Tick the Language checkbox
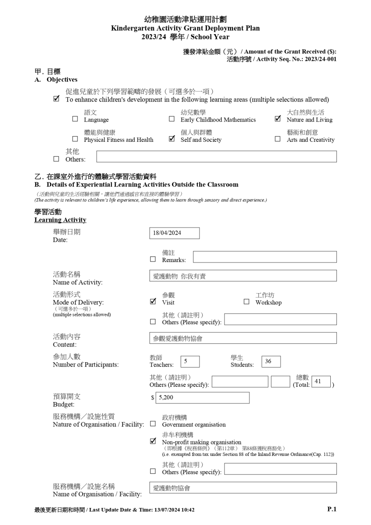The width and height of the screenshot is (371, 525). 75,119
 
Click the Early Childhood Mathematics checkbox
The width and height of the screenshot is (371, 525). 171,119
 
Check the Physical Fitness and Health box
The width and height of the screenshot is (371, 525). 75,139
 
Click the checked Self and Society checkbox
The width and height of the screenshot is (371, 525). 171,139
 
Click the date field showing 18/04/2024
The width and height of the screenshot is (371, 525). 174,233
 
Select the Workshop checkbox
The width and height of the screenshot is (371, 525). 246,302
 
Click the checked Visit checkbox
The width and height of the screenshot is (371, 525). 153,301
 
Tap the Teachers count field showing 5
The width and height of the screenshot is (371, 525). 190,361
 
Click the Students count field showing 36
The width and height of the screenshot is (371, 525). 271,361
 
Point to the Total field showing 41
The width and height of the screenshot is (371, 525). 321,381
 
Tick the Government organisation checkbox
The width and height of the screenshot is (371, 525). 153,424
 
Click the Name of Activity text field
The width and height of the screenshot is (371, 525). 243,276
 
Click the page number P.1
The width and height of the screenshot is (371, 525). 332,509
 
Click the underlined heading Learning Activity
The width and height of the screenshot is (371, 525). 60,220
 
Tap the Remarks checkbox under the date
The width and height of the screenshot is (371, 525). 153,259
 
